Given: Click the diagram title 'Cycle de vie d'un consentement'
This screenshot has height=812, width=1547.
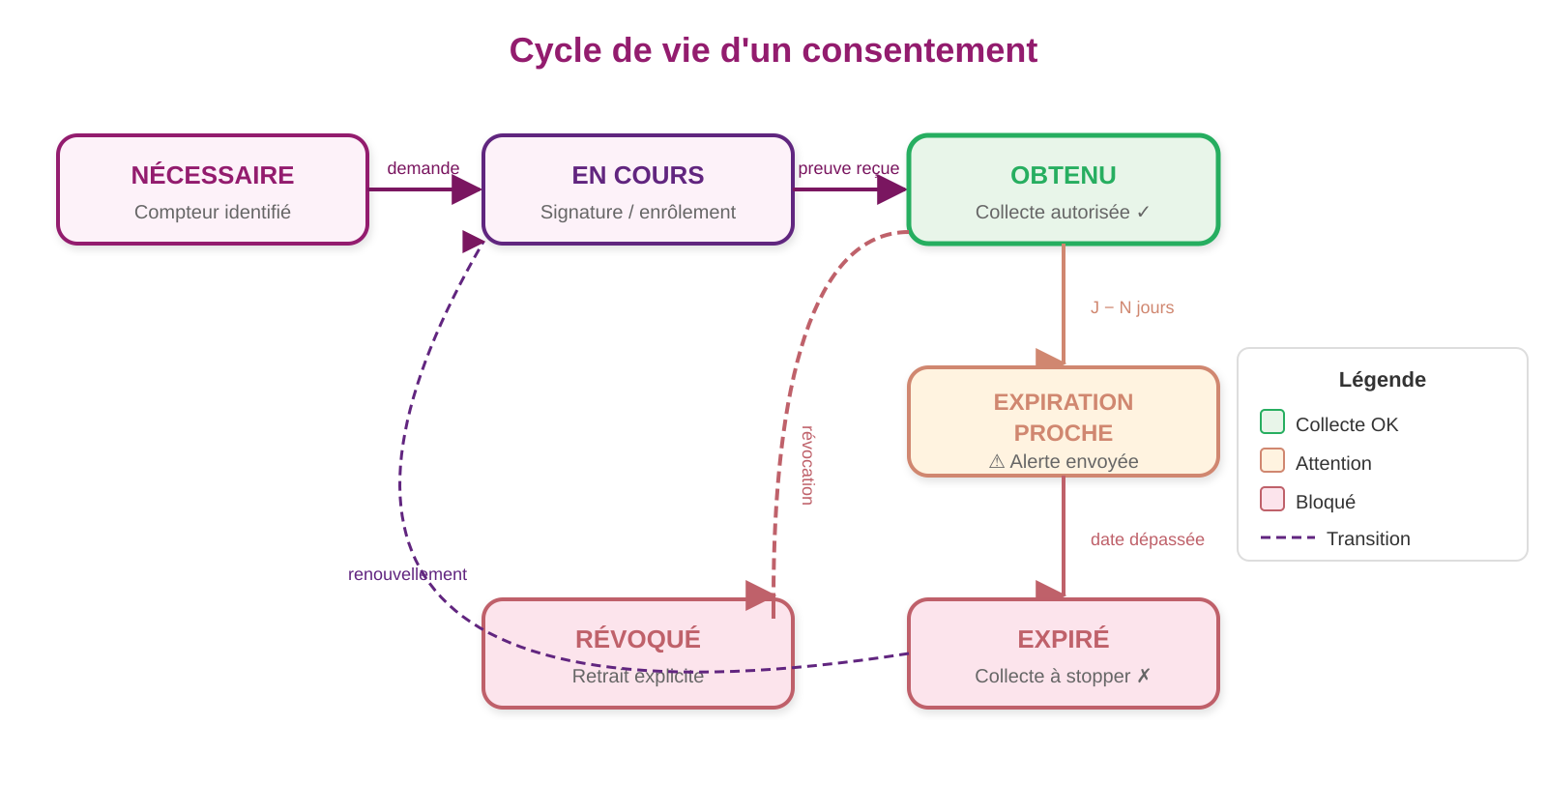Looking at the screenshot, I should click(x=773, y=50).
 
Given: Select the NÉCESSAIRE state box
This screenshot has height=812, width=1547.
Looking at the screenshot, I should click(x=213, y=189).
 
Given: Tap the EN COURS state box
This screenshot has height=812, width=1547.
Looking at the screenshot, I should click(x=638, y=189).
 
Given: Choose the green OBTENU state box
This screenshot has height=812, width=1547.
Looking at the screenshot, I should click(x=1064, y=189).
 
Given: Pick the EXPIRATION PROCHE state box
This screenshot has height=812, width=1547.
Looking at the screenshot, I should click(x=1064, y=421).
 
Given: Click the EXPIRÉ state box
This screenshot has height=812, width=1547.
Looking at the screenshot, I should click(x=1064, y=653).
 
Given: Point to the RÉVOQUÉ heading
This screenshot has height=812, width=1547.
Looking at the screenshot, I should click(x=638, y=639).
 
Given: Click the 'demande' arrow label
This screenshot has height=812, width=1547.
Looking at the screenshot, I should click(x=423, y=168).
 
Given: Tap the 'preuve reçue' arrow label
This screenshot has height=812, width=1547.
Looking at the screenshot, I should click(x=849, y=168).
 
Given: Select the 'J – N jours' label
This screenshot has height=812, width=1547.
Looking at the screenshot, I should click(x=1132, y=307).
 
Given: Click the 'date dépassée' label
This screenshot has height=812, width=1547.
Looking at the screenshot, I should click(x=1148, y=539).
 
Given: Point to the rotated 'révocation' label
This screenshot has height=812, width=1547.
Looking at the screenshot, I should click(x=808, y=465).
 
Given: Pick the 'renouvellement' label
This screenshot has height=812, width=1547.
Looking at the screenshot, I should click(x=408, y=574).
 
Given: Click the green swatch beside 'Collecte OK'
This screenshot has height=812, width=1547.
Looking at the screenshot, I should click(x=1272, y=421).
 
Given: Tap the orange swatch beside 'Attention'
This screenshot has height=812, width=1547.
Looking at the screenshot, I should click(x=1272, y=460).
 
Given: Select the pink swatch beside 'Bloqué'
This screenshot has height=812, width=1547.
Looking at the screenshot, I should click(x=1272, y=499).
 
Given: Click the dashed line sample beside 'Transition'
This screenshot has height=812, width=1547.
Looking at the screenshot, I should click(x=1288, y=537).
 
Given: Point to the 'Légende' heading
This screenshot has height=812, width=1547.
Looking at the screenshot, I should click(x=1383, y=380).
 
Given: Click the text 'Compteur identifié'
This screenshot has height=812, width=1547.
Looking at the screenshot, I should click(x=213, y=212).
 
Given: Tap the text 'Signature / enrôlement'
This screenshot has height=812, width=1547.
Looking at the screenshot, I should click(x=638, y=212).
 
